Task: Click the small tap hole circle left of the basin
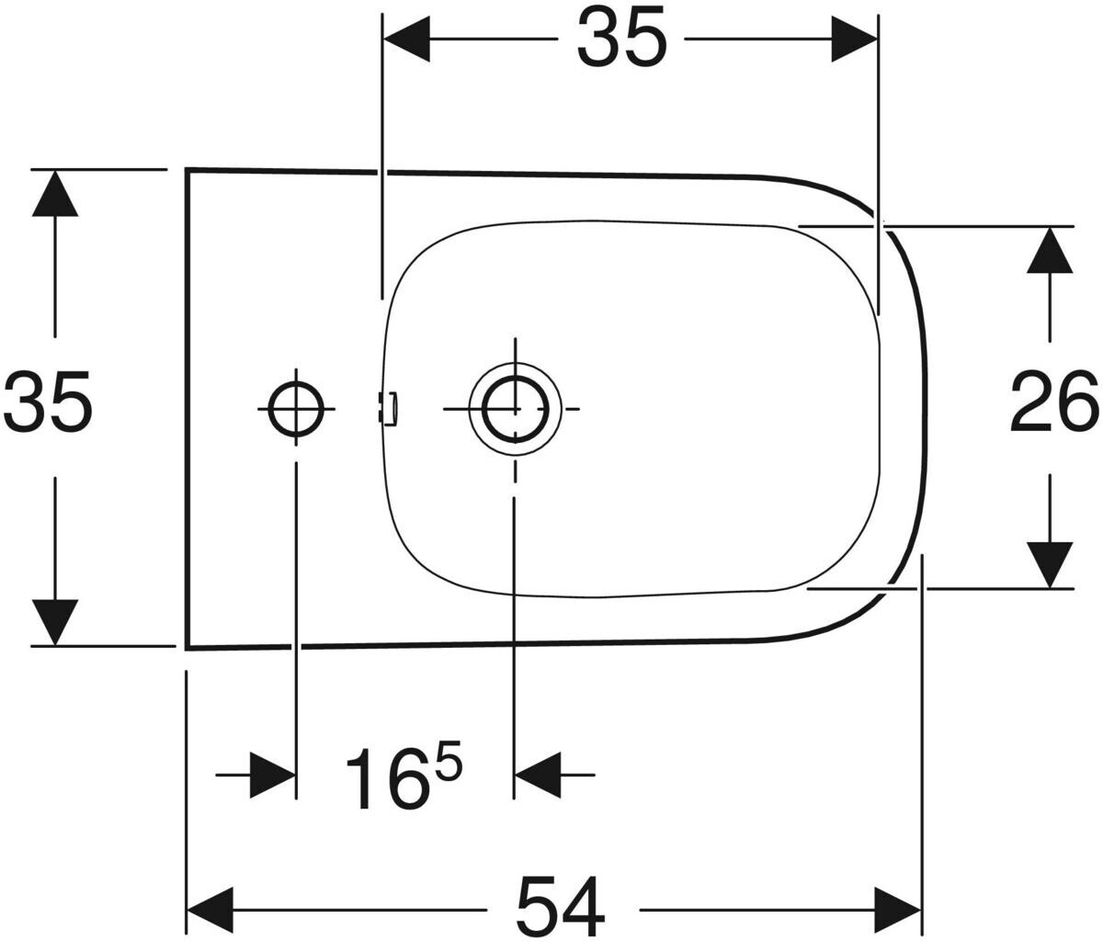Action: (296, 408)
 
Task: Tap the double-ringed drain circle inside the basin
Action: (515, 408)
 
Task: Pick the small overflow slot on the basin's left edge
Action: (390, 408)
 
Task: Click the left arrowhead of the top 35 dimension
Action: (405, 39)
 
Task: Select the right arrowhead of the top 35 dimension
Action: (855, 39)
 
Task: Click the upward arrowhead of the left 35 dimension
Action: (55, 193)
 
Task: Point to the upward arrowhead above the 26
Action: (1050, 250)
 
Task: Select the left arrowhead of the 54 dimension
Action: (210, 909)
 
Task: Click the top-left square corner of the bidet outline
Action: (188, 170)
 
